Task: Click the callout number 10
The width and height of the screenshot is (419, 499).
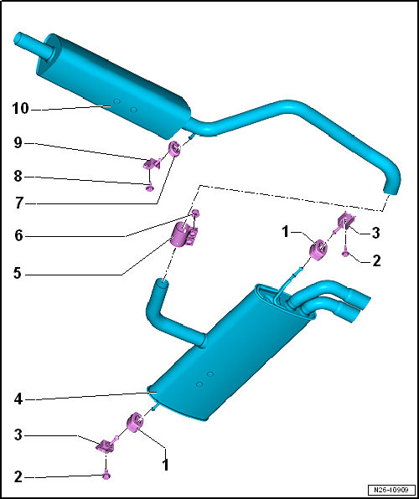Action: pos(20,109)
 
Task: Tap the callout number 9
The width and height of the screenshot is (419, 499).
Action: pos(18,143)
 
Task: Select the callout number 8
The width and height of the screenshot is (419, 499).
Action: pos(18,176)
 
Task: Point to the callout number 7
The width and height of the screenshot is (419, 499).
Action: pos(18,203)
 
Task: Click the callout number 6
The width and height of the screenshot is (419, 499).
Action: pos(18,236)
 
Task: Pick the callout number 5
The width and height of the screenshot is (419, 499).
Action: pos(18,274)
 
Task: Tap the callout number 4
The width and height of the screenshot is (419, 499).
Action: pos(18,399)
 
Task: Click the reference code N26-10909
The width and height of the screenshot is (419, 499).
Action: pos(392,489)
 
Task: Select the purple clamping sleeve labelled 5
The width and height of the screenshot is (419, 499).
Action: pos(185,234)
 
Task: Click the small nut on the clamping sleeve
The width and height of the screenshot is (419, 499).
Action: pos(196,213)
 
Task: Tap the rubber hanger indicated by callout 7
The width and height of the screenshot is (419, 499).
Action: pos(174,148)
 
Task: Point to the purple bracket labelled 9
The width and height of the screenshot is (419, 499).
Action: pos(152,164)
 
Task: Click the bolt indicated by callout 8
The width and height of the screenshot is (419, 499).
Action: pos(149,188)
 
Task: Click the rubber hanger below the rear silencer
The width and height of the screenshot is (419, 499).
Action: pos(135,422)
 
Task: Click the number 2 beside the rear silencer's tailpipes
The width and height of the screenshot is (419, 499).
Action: pos(376,260)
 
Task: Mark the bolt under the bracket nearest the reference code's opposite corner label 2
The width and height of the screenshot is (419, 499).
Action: pos(106,476)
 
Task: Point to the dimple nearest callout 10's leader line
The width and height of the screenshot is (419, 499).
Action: pos(117,101)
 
